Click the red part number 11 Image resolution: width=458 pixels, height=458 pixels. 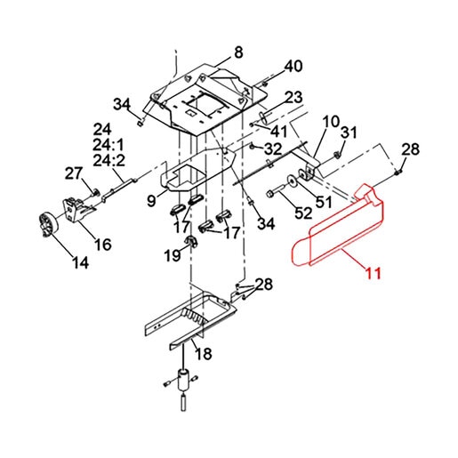[x=374, y=273]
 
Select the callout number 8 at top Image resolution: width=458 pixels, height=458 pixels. [x=238, y=52]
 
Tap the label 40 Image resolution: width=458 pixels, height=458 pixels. [x=293, y=66]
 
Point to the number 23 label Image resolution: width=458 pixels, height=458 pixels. [x=293, y=97]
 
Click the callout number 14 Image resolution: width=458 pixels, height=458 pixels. [x=80, y=262]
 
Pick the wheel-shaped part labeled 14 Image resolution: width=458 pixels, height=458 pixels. [x=47, y=224]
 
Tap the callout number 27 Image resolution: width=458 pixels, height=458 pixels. [x=73, y=173]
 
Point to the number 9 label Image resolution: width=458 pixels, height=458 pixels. [x=151, y=201]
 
